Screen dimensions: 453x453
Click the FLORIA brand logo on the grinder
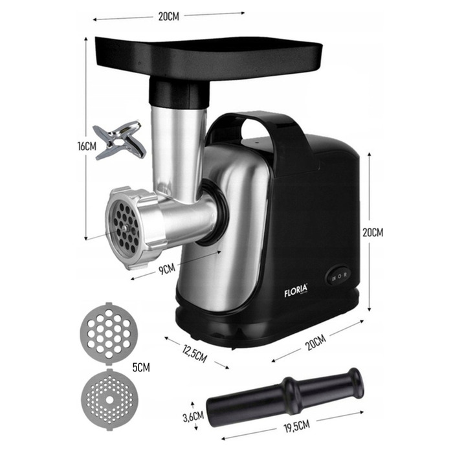(x=296, y=291)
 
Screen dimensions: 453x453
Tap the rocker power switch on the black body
(x=339, y=276)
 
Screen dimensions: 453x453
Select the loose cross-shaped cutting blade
(x=119, y=140)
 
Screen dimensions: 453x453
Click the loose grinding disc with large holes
(x=109, y=334)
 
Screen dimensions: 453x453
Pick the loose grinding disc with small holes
(x=110, y=399)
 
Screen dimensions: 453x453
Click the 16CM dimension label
(x=87, y=146)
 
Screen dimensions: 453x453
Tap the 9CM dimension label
(x=167, y=269)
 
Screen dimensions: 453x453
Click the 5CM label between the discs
(x=141, y=367)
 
